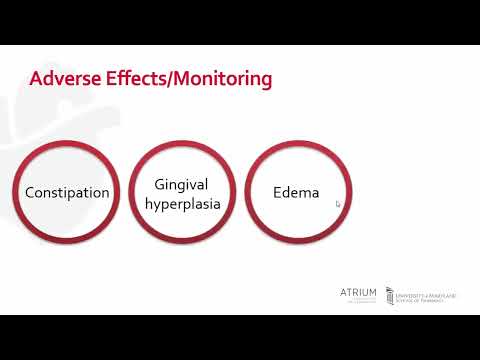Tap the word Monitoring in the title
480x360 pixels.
[221, 79]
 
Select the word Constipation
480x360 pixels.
[67, 192]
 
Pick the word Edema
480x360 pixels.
[296, 192]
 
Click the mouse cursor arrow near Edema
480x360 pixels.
[338, 204]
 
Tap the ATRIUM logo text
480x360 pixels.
[359, 292]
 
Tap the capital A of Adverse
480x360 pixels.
[37, 78]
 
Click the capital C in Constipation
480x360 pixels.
[30, 192]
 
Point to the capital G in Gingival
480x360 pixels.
[160, 183]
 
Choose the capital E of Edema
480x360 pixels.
[278, 192]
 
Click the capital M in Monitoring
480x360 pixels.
[182, 78]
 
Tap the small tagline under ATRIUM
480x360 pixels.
[359, 302]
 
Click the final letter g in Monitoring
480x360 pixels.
[266, 81]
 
